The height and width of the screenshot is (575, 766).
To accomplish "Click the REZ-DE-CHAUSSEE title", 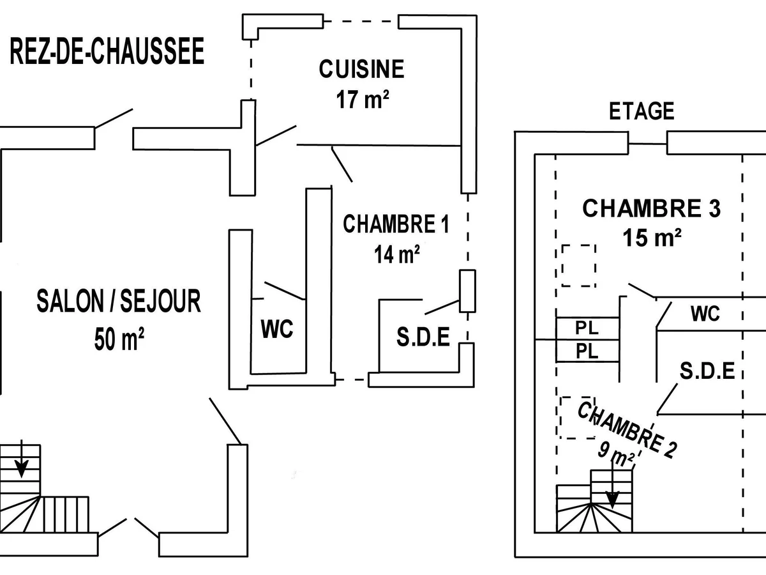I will point(107,52).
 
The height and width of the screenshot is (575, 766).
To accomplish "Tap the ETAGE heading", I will point(642,112).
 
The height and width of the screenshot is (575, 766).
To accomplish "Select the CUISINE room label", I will point(361,69).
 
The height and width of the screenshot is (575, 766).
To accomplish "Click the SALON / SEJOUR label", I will point(119,302).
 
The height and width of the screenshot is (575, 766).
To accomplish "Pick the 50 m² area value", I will point(119,339).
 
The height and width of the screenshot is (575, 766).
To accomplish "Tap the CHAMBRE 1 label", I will point(396,224).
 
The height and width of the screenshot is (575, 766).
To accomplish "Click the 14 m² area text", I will point(396,255).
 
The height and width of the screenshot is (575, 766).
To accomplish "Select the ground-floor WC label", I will point(277,330).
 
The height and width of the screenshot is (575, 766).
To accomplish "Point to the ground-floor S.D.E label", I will point(423,337).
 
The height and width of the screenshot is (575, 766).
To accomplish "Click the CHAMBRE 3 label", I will point(651,208).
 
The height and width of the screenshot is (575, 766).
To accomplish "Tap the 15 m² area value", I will point(651,238).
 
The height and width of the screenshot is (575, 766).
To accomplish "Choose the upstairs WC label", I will point(705,314).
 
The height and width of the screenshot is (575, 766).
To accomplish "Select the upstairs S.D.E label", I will point(707,371).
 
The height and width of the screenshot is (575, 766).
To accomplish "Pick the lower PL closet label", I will point(587,351).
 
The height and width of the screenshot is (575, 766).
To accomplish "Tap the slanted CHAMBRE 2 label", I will point(626,429).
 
